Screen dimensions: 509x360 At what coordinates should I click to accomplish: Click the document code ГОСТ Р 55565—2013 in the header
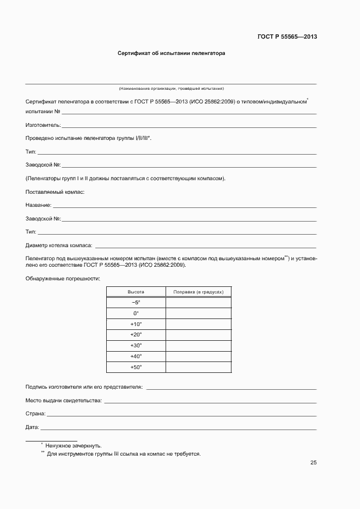pos(287,37)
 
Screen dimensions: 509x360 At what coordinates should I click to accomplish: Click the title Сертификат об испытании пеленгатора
pos(172,54)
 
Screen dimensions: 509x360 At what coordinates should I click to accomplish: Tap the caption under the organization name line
pos(171,88)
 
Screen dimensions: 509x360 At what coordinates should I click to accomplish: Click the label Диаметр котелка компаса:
pos(59,246)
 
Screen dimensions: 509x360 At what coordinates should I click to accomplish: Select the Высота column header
pos(136,292)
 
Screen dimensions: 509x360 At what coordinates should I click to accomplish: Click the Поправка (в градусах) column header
pos(198,292)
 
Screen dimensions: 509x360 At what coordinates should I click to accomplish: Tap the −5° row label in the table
pos(136,303)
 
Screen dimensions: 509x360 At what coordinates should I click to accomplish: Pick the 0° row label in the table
pos(136,314)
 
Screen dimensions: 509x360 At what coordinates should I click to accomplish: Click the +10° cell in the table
pos(136,324)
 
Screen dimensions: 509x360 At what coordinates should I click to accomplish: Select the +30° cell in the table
pos(136,346)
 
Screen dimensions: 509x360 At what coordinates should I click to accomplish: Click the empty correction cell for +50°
pos(198,367)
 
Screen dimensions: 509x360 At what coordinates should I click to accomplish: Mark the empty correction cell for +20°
pos(198,335)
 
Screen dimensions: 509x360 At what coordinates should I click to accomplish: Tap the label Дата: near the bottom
pos(32,427)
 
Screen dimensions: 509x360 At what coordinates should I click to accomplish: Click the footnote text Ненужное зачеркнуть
pos(74,445)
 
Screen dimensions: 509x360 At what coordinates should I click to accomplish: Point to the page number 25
pos(313,463)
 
